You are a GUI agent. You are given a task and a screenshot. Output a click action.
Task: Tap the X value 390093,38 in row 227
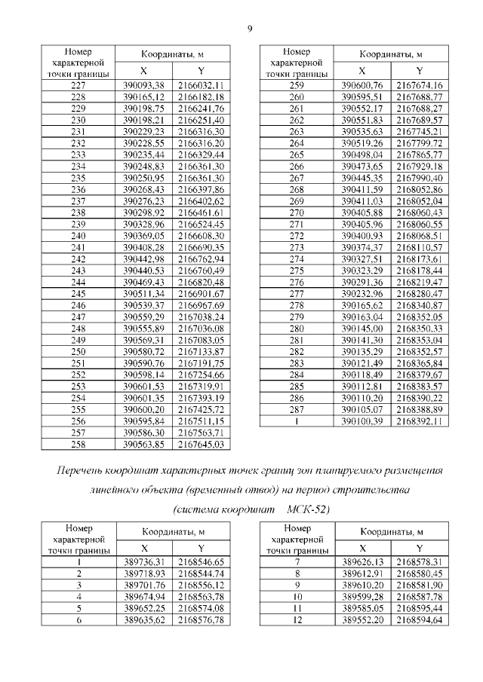143,86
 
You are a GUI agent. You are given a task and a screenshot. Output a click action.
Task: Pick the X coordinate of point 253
143,386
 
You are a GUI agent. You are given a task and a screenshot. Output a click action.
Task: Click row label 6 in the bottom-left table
78,619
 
